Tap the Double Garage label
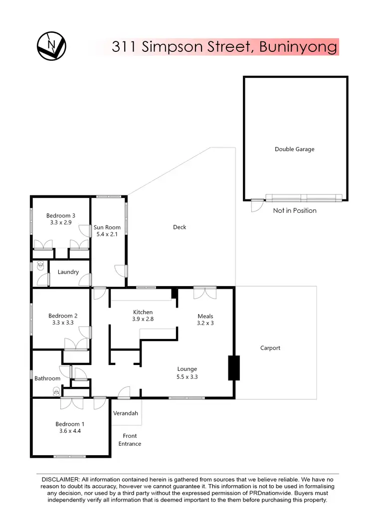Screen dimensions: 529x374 coord(294,149)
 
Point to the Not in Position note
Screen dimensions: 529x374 coord(294,210)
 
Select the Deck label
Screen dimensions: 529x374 coord(180,227)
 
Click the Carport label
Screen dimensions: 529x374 coord(270,348)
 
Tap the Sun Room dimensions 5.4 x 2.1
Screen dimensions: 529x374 coord(107,234)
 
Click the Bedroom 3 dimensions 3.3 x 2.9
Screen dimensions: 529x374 coord(61,223)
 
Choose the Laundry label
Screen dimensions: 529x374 coord(68,272)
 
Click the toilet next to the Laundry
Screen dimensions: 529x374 coord(40,266)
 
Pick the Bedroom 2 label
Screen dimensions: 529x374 coord(63,316)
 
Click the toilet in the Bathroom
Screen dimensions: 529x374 coord(56,392)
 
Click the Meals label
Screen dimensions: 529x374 coord(205,316)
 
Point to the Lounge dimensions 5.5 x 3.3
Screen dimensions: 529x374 coord(187,377)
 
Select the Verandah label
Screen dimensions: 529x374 coord(126,413)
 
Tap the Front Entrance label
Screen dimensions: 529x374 coord(130,440)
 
